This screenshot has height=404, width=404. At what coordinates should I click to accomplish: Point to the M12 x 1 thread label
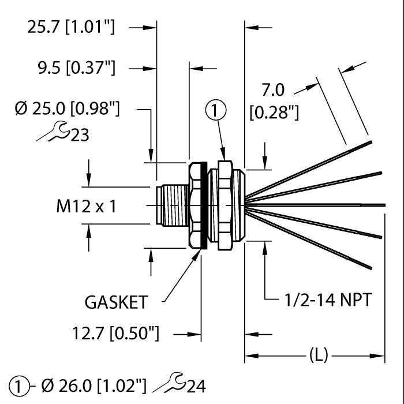point(86,206)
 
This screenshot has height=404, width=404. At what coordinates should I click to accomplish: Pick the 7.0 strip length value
point(274,91)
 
